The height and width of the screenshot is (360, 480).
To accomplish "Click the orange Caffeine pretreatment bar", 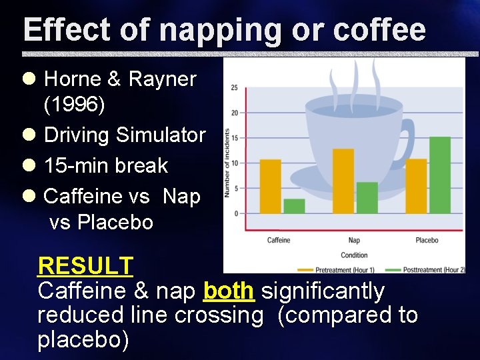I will (270, 186).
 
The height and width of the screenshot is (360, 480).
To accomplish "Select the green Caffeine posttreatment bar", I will (294, 206).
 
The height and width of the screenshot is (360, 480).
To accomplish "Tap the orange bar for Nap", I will (343, 181).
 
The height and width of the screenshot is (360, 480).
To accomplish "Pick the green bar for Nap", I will (367, 197).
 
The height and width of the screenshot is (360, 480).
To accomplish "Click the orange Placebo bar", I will (416, 186).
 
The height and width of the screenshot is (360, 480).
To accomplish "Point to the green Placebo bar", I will (440, 175).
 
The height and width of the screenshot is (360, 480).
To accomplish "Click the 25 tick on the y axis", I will (234, 88).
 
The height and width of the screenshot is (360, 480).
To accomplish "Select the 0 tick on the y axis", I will (235, 213).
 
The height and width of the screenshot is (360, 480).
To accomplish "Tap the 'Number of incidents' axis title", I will (227, 163).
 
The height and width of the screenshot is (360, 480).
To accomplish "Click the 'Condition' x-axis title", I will (354, 255).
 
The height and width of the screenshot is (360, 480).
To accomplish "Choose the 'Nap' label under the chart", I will (354, 240).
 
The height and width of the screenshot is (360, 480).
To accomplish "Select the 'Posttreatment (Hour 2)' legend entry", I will (433, 269).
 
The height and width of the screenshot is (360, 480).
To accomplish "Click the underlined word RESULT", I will (85, 266).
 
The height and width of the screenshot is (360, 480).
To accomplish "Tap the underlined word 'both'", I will (229, 291).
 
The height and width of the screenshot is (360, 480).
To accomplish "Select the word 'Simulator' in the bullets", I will (161, 135).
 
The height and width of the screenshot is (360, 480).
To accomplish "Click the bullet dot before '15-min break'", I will (29, 165).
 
